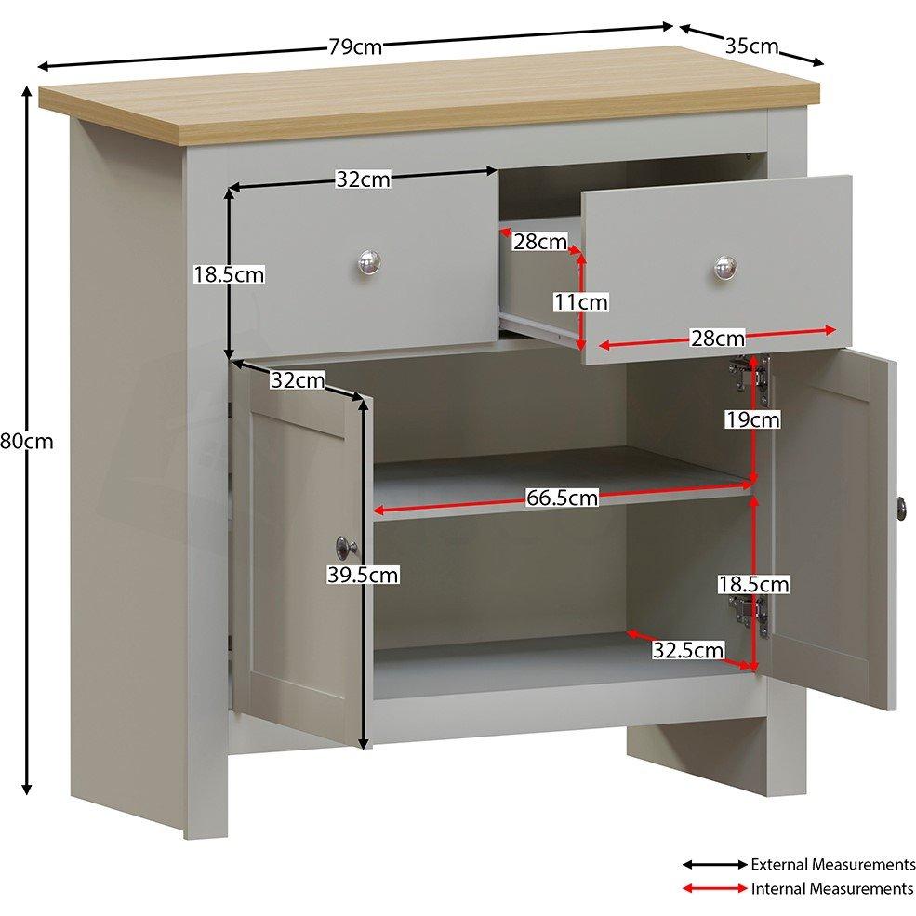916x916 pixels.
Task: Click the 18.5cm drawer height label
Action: click(x=229, y=274)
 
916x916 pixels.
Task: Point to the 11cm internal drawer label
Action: click(x=581, y=301)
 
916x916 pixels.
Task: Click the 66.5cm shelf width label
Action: click(x=562, y=498)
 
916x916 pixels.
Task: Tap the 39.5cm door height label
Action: click(x=362, y=576)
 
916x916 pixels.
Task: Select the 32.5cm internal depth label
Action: click(x=687, y=650)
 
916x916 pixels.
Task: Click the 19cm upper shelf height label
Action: click(x=752, y=420)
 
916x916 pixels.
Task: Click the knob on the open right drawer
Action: click(x=725, y=268)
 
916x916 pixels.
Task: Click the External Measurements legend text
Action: click(x=832, y=864)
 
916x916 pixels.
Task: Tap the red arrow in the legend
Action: click(x=714, y=889)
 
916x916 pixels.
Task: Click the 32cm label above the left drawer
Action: click(x=363, y=180)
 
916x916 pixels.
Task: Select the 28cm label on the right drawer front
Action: click(x=717, y=338)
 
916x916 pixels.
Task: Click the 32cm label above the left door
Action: click(x=299, y=380)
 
